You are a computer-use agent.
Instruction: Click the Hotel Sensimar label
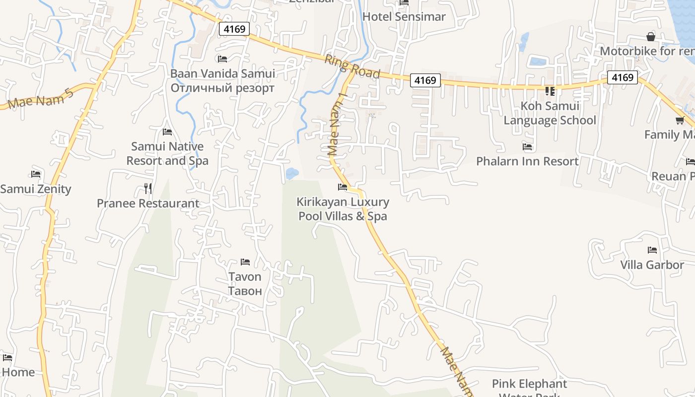(404, 16)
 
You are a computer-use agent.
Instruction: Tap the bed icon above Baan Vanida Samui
(222, 59)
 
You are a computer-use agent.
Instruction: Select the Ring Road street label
(352, 66)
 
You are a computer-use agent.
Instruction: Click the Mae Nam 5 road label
(41, 97)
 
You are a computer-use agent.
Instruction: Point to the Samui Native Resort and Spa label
(167, 153)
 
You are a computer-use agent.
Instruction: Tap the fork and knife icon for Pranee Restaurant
(148, 189)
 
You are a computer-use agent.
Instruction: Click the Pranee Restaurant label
(148, 203)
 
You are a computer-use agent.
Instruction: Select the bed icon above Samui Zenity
(36, 174)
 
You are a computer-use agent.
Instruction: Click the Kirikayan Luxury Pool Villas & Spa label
(343, 209)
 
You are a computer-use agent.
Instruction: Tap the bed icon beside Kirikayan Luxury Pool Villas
(343, 187)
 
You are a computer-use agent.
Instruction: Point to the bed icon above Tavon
(245, 262)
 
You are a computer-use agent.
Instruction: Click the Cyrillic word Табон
(245, 291)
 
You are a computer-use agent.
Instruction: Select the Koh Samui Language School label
(550, 113)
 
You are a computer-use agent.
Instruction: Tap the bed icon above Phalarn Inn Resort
(527, 147)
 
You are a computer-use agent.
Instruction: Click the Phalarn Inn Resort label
(527, 161)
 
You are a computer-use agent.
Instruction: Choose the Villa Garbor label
(652, 265)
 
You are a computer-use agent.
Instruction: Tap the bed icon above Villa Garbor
(652, 250)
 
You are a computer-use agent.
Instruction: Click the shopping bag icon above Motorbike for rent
(651, 37)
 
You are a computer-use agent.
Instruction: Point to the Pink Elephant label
(529, 384)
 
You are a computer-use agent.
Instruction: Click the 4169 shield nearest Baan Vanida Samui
(234, 29)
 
